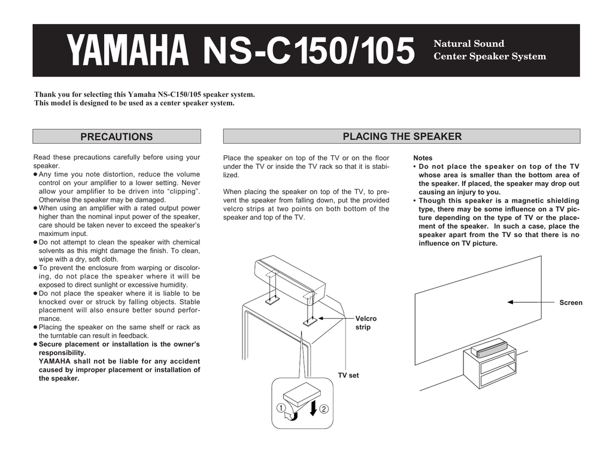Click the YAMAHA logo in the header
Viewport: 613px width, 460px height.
pyautogui.click(x=127, y=51)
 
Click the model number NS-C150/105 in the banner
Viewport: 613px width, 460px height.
pyautogui.click(x=309, y=51)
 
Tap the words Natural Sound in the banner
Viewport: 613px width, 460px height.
pyautogui.click(x=469, y=44)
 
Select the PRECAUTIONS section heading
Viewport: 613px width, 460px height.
pyautogui.click(x=117, y=137)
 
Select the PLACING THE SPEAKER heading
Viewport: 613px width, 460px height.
pyautogui.click(x=402, y=137)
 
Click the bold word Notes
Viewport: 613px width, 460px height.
pyautogui.click(x=423, y=158)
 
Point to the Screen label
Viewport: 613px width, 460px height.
pyautogui.click(x=570, y=302)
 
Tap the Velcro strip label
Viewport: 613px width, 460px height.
pyautogui.click(x=366, y=323)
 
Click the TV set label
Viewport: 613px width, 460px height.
pyautogui.click(x=348, y=376)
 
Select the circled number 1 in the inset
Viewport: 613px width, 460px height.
pyautogui.click(x=280, y=409)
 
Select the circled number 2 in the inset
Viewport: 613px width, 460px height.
pyautogui.click(x=324, y=409)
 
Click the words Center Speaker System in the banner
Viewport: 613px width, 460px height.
pyautogui.click(x=490, y=57)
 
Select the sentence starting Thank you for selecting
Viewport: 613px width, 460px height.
pyautogui.click(x=144, y=95)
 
